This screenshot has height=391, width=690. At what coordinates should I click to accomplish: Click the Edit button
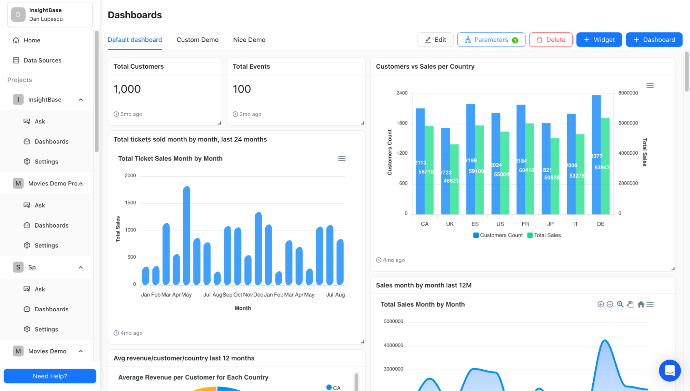(x=435, y=40)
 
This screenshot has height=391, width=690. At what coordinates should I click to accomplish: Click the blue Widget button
(x=599, y=40)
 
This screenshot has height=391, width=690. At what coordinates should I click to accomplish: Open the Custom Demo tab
(x=197, y=40)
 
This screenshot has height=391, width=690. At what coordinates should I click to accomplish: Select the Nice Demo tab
(x=249, y=40)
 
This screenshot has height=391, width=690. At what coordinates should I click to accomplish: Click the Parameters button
(x=491, y=40)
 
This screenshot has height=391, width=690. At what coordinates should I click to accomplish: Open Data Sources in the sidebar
(x=42, y=60)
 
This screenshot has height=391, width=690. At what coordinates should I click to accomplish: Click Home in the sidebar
(x=32, y=40)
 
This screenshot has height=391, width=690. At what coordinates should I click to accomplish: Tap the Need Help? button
(x=50, y=376)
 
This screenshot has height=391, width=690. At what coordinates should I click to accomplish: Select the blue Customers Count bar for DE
(x=596, y=155)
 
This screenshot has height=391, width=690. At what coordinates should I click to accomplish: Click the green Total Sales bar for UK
(x=454, y=179)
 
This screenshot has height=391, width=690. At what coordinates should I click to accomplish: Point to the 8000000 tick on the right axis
(x=628, y=93)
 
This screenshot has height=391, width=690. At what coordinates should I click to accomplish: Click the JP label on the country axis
(x=550, y=224)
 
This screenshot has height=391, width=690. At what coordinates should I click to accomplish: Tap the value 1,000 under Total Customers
(x=127, y=89)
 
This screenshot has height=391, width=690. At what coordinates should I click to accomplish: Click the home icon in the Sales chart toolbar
(x=641, y=304)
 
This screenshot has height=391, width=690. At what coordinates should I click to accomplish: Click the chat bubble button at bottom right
(x=669, y=371)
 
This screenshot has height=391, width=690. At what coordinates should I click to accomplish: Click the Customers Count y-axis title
(x=390, y=152)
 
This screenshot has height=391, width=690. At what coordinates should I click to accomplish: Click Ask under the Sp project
(x=40, y=289)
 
